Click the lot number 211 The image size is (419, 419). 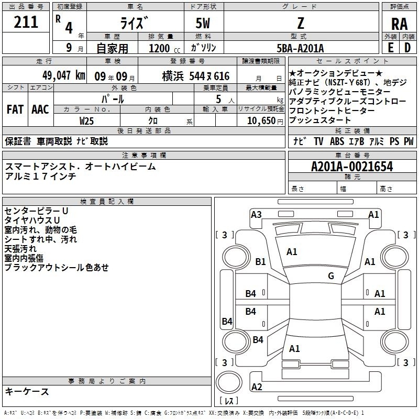[x=26, y=22]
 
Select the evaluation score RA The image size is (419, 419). [x=399, y=24]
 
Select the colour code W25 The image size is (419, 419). [x=87, y=120]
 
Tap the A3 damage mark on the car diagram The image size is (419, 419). [x=256, y=214]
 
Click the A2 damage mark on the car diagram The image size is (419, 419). [x=257, y=387]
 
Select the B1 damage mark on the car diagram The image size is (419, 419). [x=260, y=262]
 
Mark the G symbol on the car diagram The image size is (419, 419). [x=331, y=276]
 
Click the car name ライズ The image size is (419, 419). [x=134, y=24]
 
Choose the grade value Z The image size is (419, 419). [x=300, y=24]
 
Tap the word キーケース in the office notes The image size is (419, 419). [x=27, y=391]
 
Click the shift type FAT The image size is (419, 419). [x=15, y=109]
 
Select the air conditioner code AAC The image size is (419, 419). [x=40, y=109]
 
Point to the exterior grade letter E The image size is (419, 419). [x=390, y=48]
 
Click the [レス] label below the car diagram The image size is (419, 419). [x=229, y=402]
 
